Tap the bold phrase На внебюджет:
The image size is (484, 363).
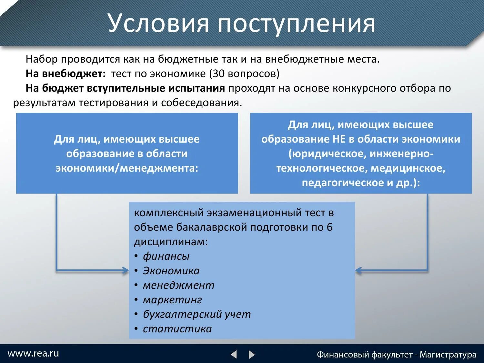point(66,74)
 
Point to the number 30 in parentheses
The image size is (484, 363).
point(218,74)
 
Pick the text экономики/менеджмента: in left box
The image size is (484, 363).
point(127,168)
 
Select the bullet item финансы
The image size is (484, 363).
point(166,256)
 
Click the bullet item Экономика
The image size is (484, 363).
point(171,271)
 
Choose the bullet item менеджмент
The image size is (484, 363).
point(178,285)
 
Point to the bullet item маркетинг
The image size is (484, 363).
point(172,300)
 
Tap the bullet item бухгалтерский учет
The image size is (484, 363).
point(197,314)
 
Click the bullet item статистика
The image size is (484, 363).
point(177,329)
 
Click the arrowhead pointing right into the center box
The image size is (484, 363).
point(125,270)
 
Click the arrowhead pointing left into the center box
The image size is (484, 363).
point(358,270)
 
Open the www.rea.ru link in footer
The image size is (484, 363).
point(33,353)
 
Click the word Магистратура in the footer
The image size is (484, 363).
point(448,355)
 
